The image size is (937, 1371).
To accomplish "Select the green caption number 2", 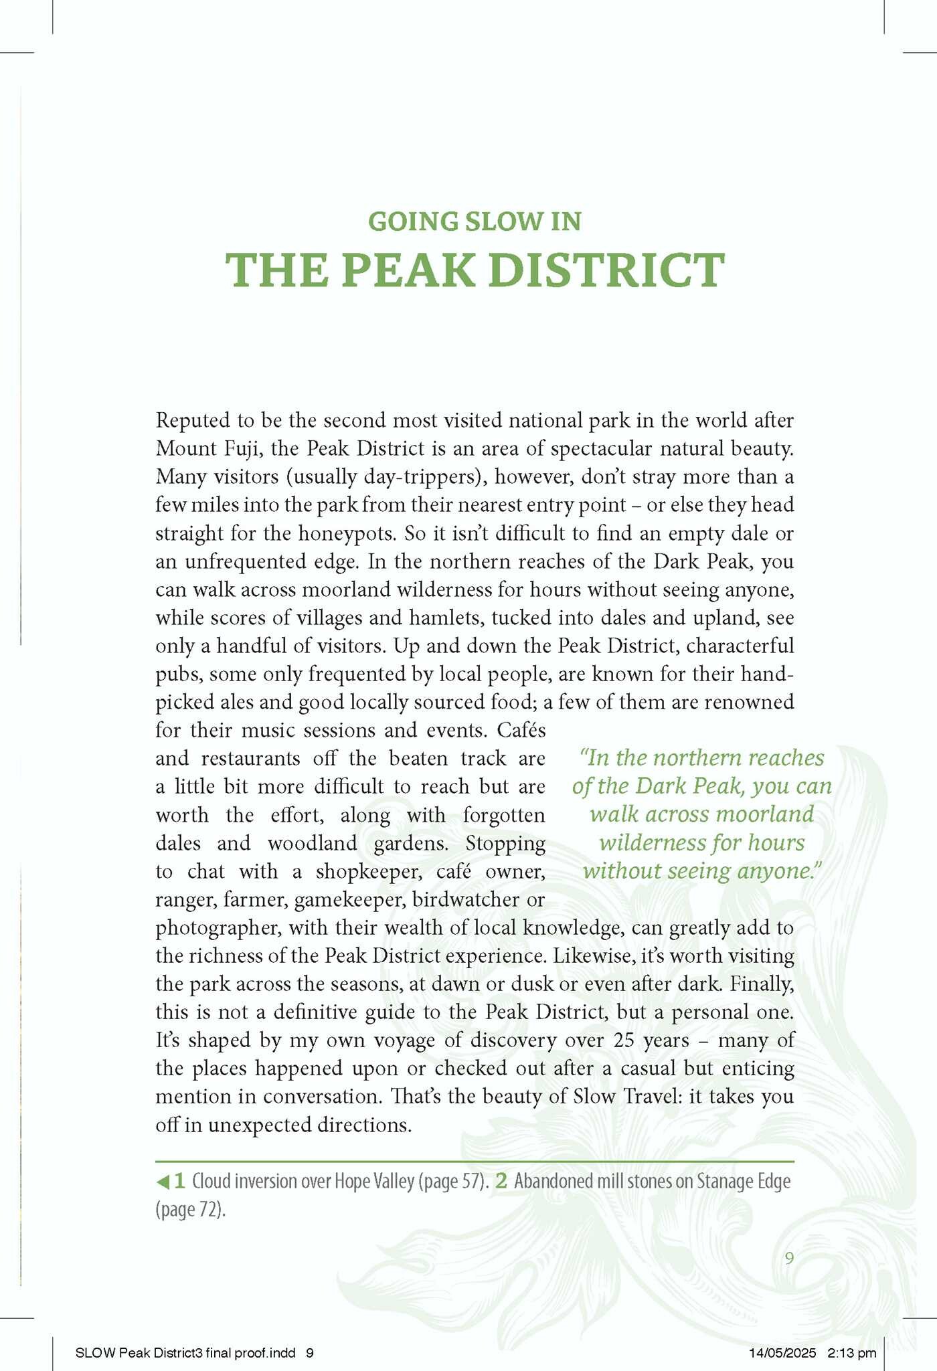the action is [x=501, y=1182].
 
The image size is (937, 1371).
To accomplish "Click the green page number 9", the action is [x=789, y=1259].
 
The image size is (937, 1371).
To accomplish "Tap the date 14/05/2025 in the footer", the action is [x=782, y=1353].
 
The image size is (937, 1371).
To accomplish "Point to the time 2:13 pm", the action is [x=851, y=1353].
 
